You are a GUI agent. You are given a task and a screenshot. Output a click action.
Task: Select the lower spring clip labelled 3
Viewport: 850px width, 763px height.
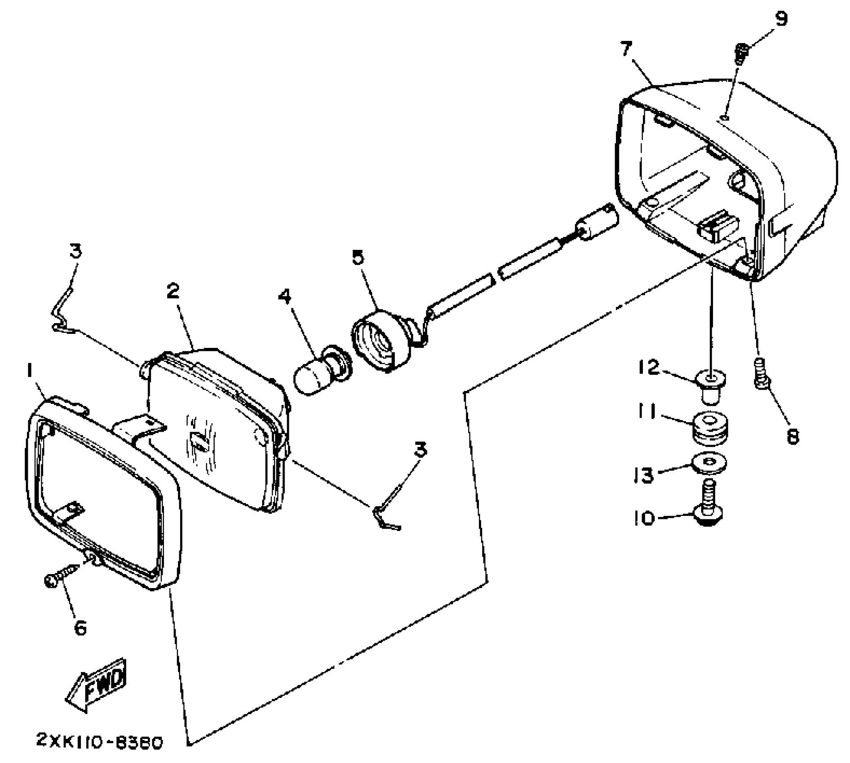pos(387,511)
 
